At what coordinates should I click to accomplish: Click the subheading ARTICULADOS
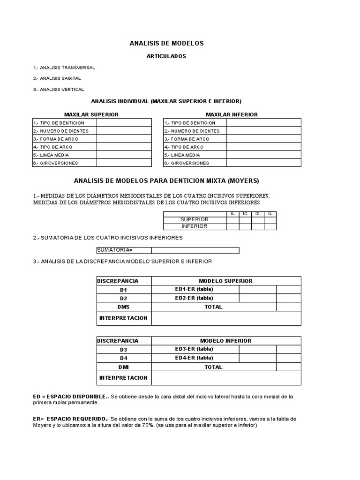click(167, 56)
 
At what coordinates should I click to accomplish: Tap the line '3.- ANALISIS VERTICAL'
click(59, 89)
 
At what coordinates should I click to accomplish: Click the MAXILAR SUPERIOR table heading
click(91, 114)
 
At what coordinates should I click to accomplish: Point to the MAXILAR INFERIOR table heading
click(232, 114)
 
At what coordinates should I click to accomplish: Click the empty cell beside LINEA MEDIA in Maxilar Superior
click(124, 155)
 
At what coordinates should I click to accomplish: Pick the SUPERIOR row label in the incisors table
click(195, 220)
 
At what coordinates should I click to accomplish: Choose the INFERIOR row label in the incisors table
click(195, 226)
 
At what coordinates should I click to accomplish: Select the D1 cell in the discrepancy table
click(124, 290)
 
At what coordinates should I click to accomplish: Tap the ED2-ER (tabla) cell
click(194, 298)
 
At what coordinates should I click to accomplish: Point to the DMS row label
click(124, 307)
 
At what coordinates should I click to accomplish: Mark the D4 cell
click(124, 358)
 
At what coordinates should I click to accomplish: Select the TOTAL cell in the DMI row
click(213, 367)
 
